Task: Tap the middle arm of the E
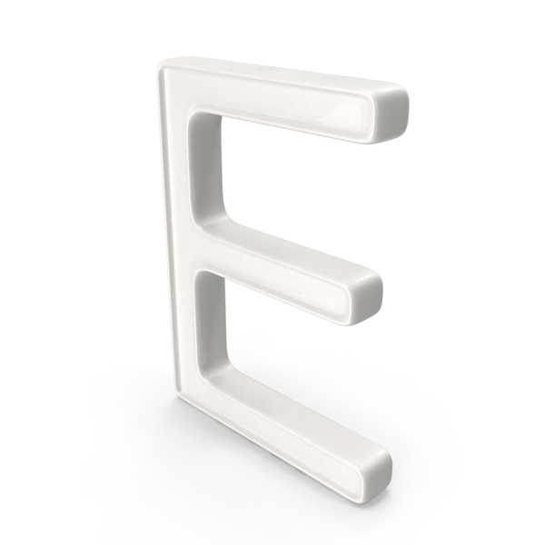[x=291, y=267]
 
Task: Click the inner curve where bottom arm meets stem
[x=213, y=359]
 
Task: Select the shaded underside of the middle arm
[x=291, y=294]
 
